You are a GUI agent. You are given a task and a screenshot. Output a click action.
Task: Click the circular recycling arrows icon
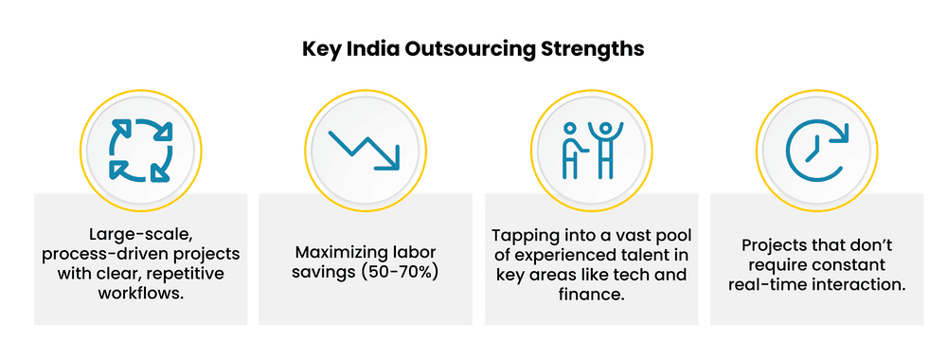click(x=140, y=150)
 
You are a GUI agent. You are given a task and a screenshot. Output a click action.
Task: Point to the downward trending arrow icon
click(x=365, y=150)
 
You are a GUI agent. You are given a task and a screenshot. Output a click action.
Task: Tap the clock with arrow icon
click(x=815, y=150)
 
